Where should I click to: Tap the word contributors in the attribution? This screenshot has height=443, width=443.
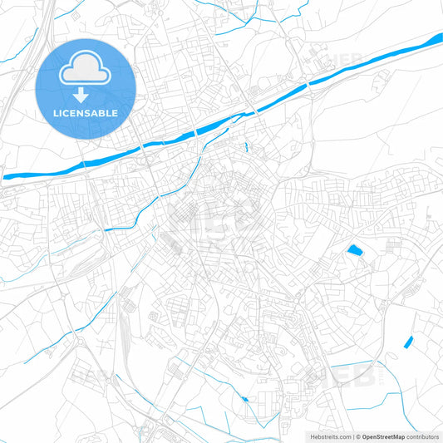click(424, 436)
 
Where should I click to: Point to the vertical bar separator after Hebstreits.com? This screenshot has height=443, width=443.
click(353, 436)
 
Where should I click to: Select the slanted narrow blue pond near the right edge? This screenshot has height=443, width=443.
click(408, 341)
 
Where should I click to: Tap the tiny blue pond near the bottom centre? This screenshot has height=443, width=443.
click(244, 400)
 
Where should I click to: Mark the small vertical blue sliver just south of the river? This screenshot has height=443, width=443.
click(247, 148)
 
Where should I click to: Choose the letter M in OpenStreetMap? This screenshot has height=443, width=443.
click(403, 436)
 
